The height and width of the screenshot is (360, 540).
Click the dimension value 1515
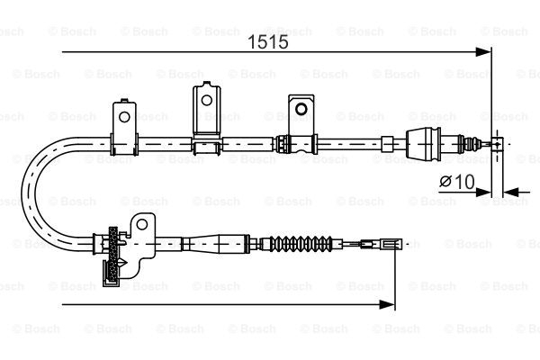[x=262, y=42]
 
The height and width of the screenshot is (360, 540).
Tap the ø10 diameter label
[x=456, y=181]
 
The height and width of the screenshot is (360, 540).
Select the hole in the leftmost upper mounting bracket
[x=124, y=114]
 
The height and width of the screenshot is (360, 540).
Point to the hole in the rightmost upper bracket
[x=299, y=108]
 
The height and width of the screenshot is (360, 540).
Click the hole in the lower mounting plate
[x=141, y=226]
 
